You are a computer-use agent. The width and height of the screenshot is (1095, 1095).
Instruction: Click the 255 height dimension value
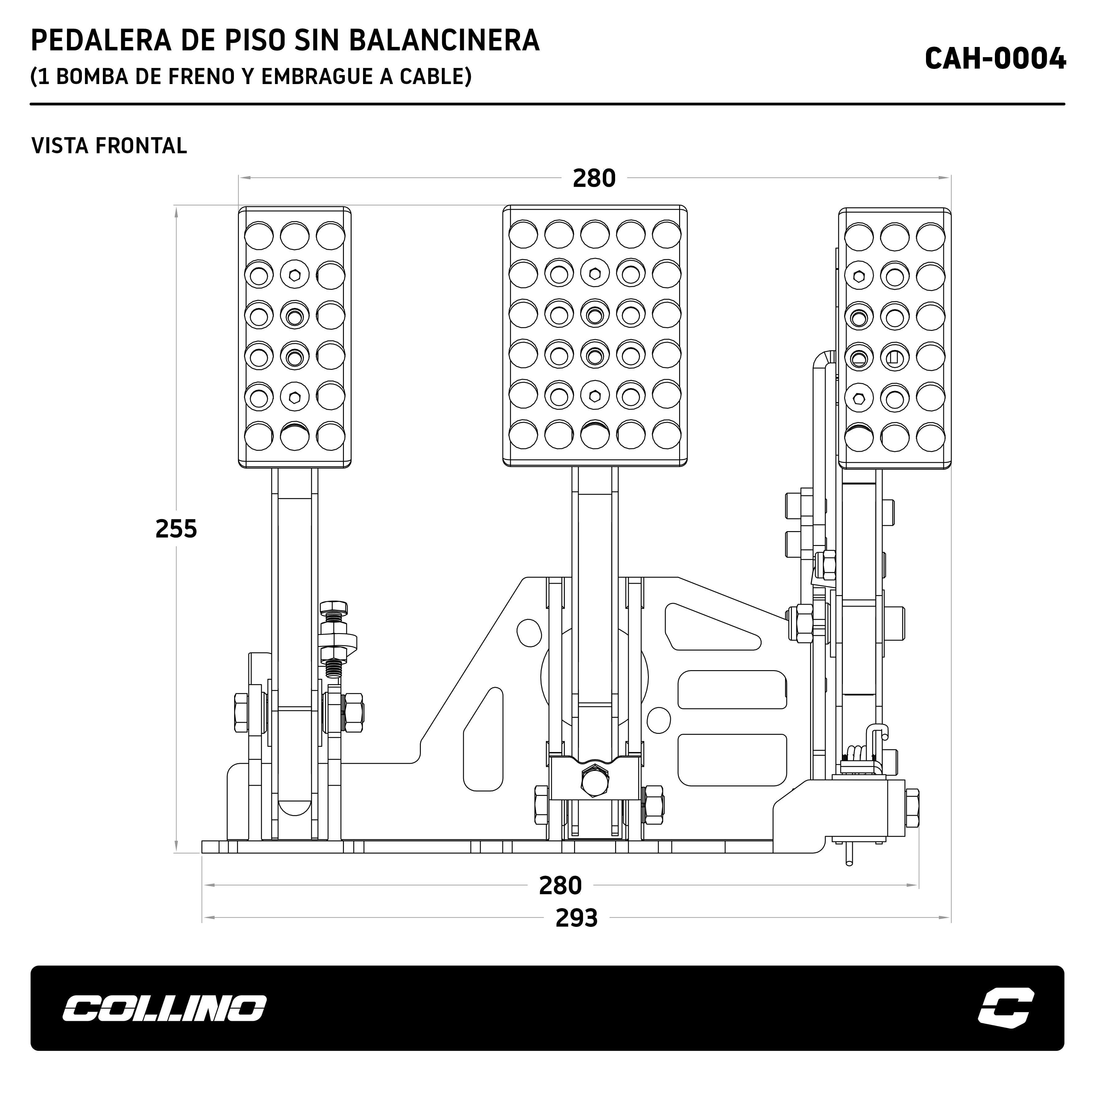[x=176, y=529]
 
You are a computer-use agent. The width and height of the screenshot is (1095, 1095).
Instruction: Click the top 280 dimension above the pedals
[x=594, y=179]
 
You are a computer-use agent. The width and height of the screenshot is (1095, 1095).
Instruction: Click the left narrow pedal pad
[x=295, y=337]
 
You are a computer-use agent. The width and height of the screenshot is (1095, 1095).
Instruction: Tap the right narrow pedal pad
[x=894, y=338]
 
